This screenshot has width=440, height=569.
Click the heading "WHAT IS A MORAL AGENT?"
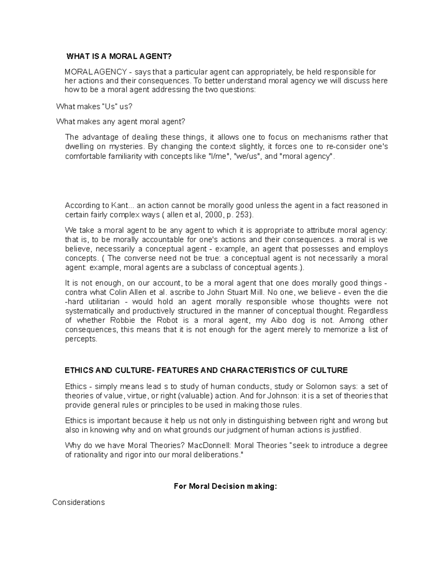pyautogui.click(x=119, y=56)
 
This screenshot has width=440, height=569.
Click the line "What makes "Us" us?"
pyautogui.click(x=94, y=107)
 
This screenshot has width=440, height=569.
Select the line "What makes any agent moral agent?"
pyautogui.click(x=121, y=122)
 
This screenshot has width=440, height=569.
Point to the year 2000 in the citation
pyautogui.click(x=214, y=215)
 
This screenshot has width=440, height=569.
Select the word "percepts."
pyautogui.click(x=81, y=339)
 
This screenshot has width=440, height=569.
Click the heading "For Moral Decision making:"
pyautogui.click(x=225, y=486)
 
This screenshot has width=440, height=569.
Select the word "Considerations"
pyautogui.click(x=78, y=502)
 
